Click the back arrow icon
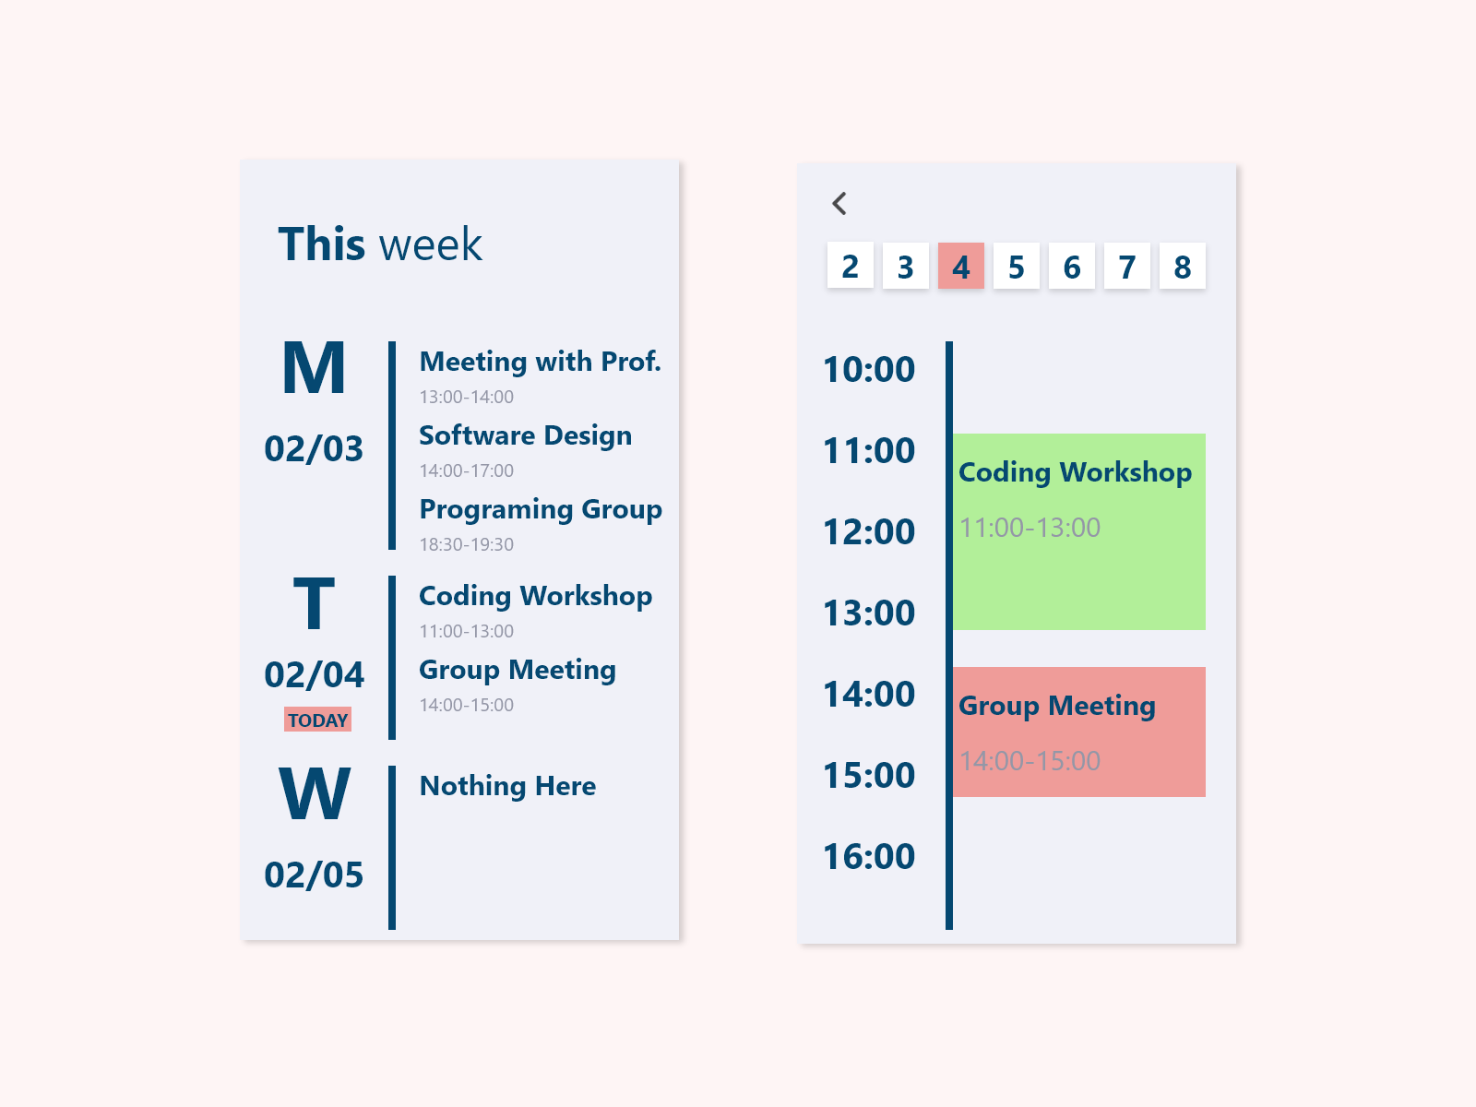point(839,203)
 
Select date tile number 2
point(850,266)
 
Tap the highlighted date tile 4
point(961,266)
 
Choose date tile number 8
point(1182,266)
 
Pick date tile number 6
point(1072,266)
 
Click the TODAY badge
point(317,720)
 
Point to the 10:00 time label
point(869,369)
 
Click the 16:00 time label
point(869,856)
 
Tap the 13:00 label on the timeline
point(869,613)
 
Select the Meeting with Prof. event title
point(540,362)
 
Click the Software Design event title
point(525,435)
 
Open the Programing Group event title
point(541,509)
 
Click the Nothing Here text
point(507,786)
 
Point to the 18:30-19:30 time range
point(467,544)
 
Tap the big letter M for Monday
point(314,368)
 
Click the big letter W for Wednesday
point(314,793)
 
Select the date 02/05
point(314,875)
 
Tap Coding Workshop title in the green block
point(1075,472)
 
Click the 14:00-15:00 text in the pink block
point(1030,761)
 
